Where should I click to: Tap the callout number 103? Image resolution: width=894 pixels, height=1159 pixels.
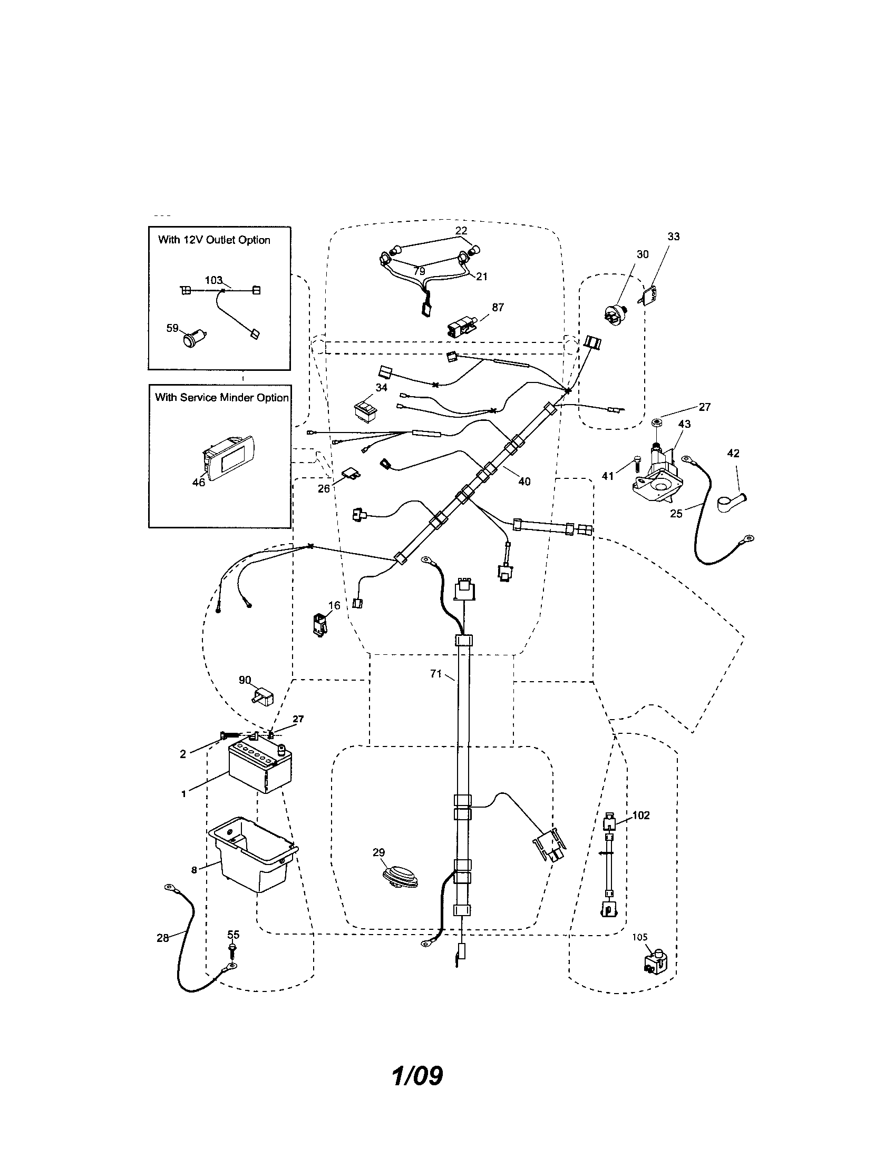pos(213,280)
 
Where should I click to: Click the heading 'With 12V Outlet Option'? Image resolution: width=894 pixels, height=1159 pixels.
pos(214,240)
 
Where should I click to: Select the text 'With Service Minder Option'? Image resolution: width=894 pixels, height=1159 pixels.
pos(221,397)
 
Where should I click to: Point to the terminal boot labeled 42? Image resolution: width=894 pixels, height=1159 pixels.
pos(729,502)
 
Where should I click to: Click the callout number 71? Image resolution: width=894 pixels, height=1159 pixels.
pos(435,674)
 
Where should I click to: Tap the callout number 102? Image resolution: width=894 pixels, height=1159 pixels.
pos(641,815)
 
